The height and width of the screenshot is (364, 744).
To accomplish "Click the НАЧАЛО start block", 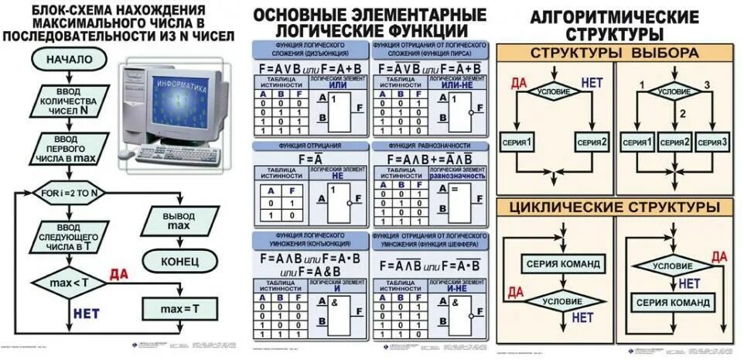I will coord(70,60).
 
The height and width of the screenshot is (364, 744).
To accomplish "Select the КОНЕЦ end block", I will coord(180,261).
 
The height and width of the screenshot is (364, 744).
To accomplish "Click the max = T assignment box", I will coord(180,309).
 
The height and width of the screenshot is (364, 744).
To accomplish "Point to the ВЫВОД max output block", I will coord(179,219).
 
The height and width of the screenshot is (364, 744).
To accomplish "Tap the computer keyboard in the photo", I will coord(179,154).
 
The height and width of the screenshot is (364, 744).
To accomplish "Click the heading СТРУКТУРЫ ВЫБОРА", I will coord(614,53).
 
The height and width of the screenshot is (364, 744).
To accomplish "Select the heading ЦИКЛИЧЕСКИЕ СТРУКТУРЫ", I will coord(614,208).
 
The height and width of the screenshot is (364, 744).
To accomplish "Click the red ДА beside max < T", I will coord(118,273).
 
